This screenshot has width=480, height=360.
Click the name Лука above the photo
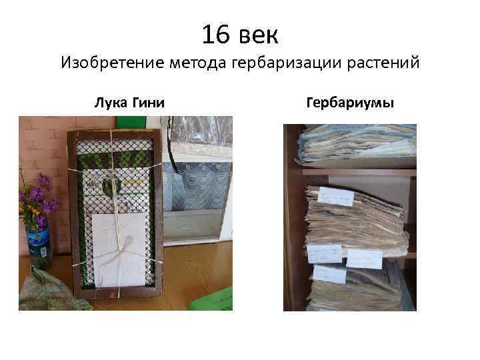110,103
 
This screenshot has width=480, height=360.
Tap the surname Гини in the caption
150,103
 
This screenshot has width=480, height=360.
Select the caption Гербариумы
349,103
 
